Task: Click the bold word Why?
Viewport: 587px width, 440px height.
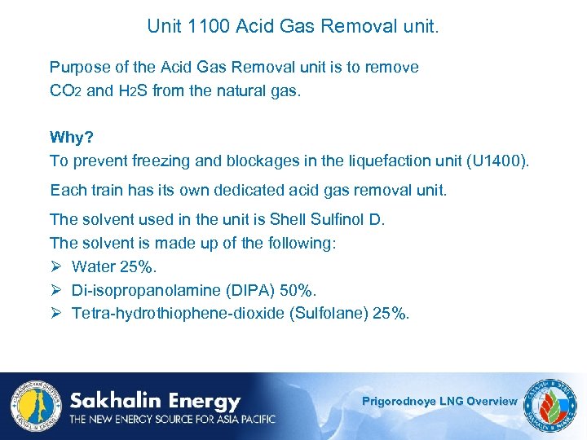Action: (x=72, y=137)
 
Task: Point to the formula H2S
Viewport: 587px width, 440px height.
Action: (x=133, y=91)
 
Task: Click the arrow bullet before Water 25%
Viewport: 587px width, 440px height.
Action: (x=56, y=266)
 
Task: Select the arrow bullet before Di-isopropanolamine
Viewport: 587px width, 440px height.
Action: (x=56, y=290)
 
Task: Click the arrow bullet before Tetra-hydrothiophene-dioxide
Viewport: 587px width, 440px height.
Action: (x=56, y=314)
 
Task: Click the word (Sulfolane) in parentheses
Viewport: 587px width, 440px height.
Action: (x=328, y=314)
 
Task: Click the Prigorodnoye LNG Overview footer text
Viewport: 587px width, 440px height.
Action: (x=439, y=401)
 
